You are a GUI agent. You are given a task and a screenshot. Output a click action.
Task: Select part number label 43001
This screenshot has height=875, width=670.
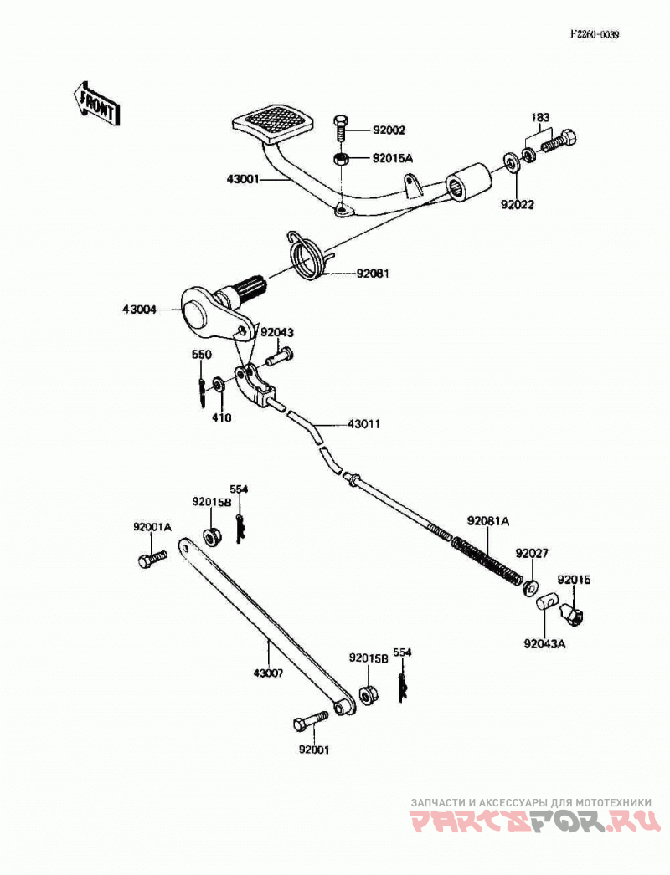[243, 179]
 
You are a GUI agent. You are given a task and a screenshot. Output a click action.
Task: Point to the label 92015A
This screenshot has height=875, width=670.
[392, 158]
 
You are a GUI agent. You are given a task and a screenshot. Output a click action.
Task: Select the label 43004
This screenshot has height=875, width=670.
[139, 309]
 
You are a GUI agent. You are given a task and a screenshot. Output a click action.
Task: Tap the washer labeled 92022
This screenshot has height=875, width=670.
[511, 161]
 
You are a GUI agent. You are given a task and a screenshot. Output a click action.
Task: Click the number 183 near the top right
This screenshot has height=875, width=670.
[540, 118]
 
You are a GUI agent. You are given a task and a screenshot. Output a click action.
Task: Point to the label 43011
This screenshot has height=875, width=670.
[363, 424]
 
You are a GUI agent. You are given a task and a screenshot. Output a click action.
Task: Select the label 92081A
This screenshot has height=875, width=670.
[488, 521]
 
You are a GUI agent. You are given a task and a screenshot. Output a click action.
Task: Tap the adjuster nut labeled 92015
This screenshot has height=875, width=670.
[573, 611]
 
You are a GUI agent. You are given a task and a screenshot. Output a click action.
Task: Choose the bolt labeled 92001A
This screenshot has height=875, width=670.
[152, 559]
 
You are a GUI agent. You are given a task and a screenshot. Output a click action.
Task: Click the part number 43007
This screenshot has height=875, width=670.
[268, 673]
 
